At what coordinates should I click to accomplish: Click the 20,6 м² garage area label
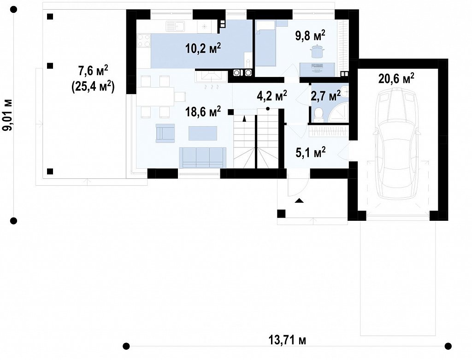396,78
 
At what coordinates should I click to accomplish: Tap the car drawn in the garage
396,143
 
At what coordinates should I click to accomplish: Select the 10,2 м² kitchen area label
203,48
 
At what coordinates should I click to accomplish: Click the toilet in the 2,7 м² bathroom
318,115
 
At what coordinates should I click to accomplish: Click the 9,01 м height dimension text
8,115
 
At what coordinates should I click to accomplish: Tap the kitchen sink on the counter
175,26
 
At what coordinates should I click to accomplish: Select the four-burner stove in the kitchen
144,41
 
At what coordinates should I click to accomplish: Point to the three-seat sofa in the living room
202,158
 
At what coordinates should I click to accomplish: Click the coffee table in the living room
203,133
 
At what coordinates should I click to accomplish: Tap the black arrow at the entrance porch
299,201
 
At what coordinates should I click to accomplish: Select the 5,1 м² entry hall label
311,153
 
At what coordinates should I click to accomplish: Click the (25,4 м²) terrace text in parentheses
93,87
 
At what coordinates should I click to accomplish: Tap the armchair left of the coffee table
165,133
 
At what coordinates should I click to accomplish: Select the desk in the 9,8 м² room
317,69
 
